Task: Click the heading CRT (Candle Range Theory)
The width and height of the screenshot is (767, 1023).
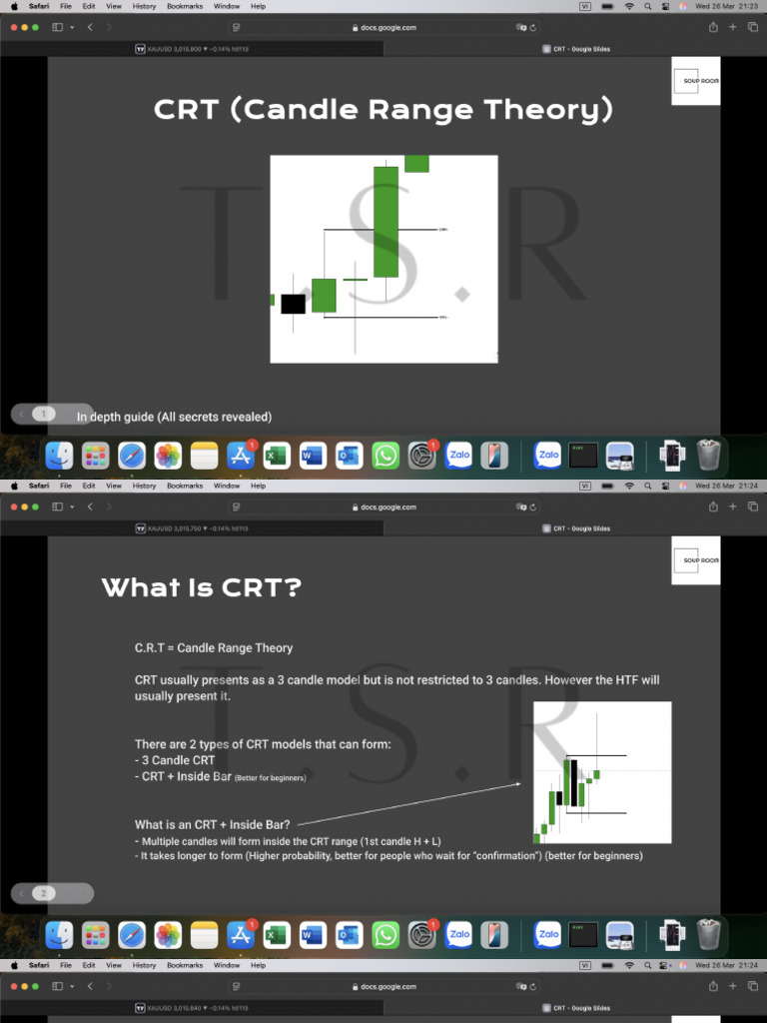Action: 383,109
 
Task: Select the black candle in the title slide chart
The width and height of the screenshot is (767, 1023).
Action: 293,304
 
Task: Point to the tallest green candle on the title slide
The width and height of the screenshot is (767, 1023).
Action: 385,222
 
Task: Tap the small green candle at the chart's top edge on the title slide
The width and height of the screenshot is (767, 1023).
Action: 416,164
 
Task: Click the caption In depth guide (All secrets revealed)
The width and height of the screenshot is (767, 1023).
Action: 174,417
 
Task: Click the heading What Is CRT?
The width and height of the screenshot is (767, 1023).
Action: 201,587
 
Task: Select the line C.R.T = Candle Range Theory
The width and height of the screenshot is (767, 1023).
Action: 214,648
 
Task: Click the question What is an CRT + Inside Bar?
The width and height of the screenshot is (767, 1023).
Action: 213,824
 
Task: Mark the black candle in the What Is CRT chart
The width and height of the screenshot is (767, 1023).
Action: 574,781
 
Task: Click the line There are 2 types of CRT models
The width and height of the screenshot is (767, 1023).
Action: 263,744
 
